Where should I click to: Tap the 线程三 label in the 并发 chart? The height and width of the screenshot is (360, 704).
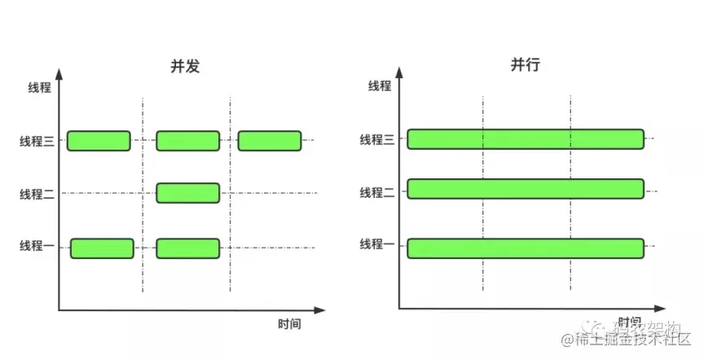(37, 141)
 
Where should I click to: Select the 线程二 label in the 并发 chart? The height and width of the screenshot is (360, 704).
(37, 194)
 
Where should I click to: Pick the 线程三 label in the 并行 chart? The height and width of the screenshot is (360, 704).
(377, 140)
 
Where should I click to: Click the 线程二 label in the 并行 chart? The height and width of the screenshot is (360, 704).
(377, 192)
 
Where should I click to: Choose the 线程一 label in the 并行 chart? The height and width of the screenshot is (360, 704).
(377, 244)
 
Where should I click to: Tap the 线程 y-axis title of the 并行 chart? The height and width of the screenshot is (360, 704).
(379, 86)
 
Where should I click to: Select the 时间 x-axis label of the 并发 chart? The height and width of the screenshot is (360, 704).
(289, 324)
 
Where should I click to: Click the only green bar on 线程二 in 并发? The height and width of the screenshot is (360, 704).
(187, 193)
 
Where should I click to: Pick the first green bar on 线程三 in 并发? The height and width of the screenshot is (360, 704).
(99, 141)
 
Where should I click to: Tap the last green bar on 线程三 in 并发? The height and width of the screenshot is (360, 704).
(270, 141)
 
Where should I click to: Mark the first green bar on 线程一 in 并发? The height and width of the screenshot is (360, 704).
(102, 248)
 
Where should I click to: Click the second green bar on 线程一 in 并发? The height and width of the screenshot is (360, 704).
(187, 248)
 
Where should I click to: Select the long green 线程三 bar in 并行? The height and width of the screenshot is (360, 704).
(526, 139)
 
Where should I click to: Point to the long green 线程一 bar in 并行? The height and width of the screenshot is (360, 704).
(526, 248)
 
